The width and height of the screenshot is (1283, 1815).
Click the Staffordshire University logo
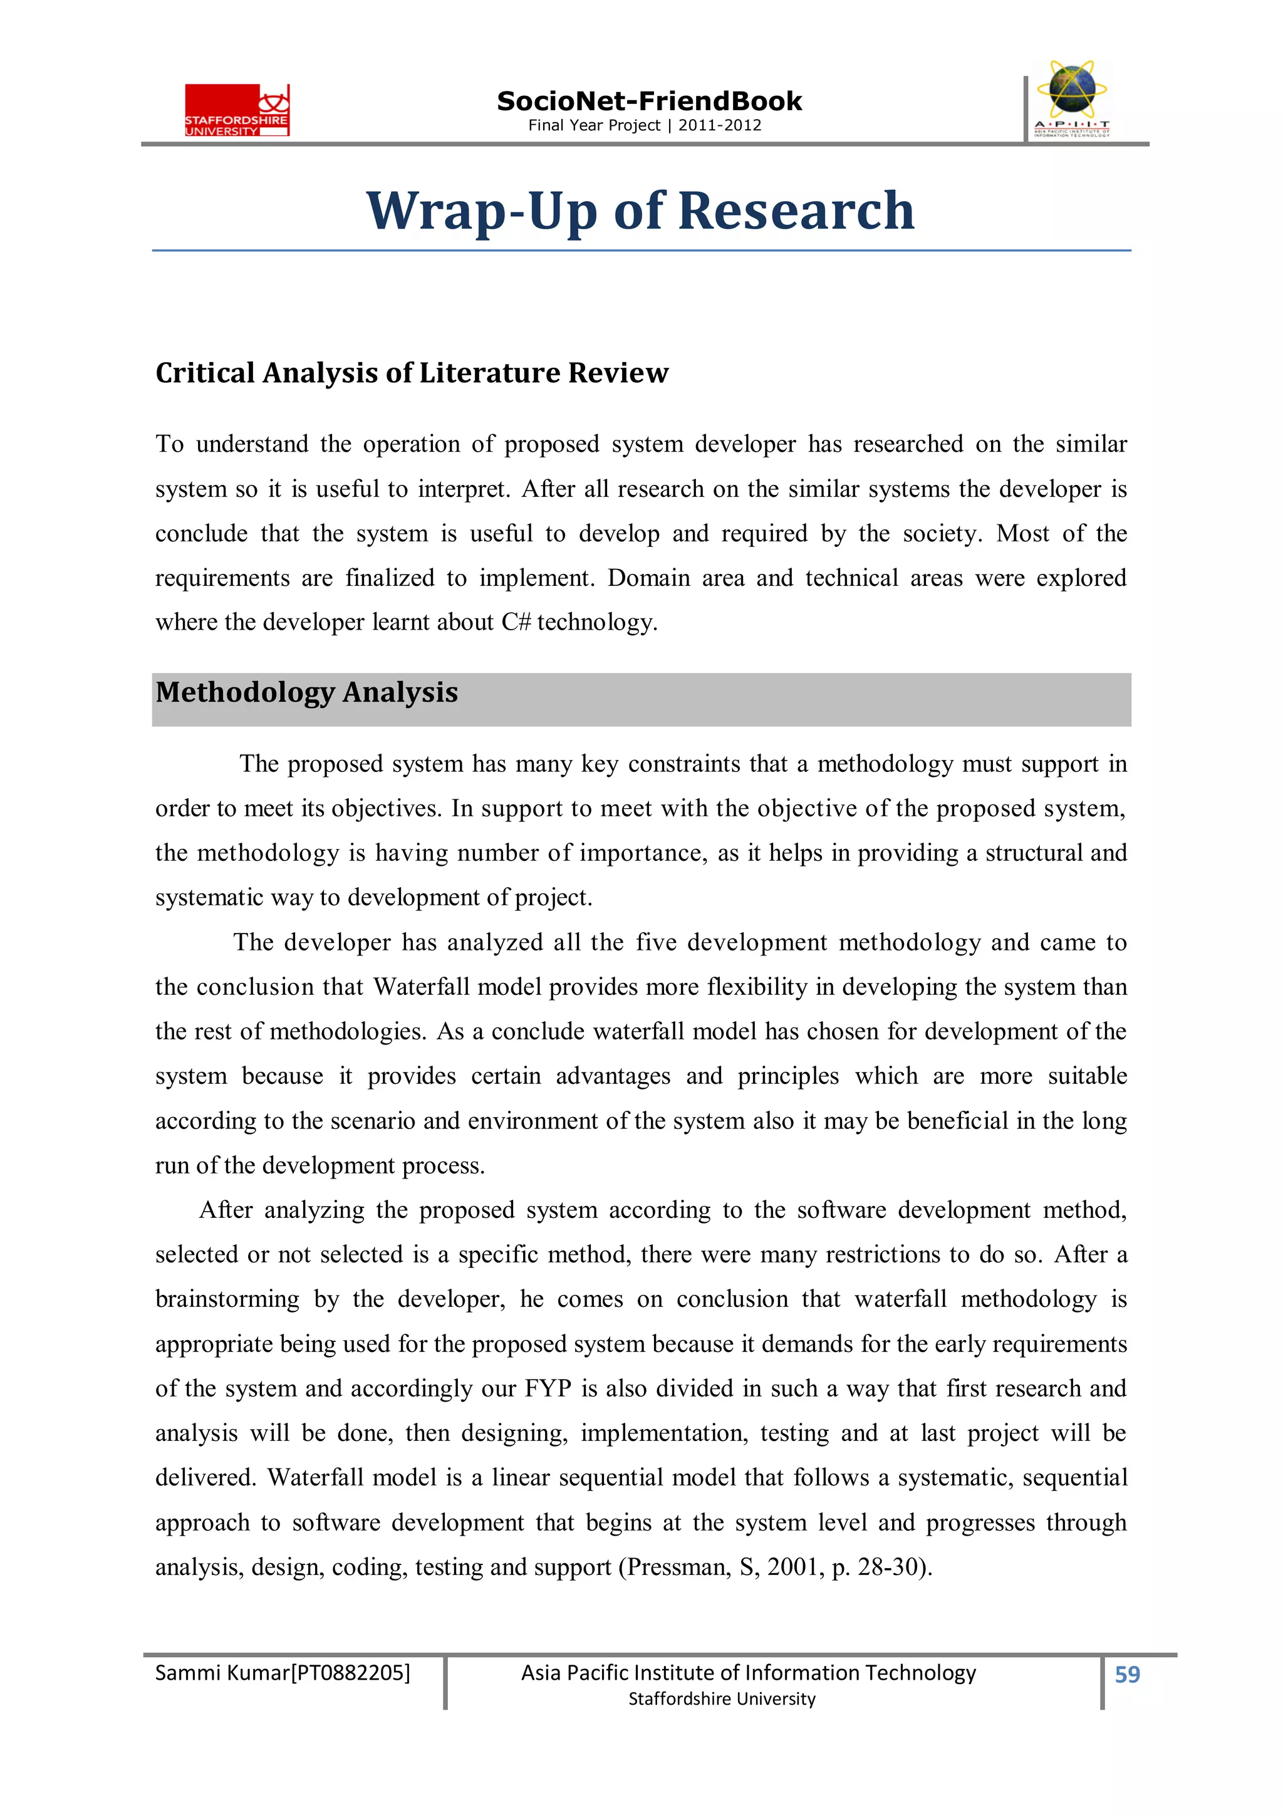pos(237,110)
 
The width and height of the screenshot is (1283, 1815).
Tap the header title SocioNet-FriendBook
pos(649,101)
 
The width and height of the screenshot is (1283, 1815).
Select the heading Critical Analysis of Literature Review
pos(412,372)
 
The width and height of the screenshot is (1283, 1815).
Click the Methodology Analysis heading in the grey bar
pos(307,692)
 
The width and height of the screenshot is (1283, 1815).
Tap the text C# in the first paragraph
pos(516,622)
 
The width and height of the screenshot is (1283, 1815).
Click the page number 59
pos(1126,1673)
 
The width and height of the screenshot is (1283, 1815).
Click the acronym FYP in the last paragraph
pos(548,1388)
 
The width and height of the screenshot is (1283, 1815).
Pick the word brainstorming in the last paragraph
pos(227,1299)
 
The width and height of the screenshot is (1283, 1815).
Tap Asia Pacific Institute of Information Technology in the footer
pos(748,1672)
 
